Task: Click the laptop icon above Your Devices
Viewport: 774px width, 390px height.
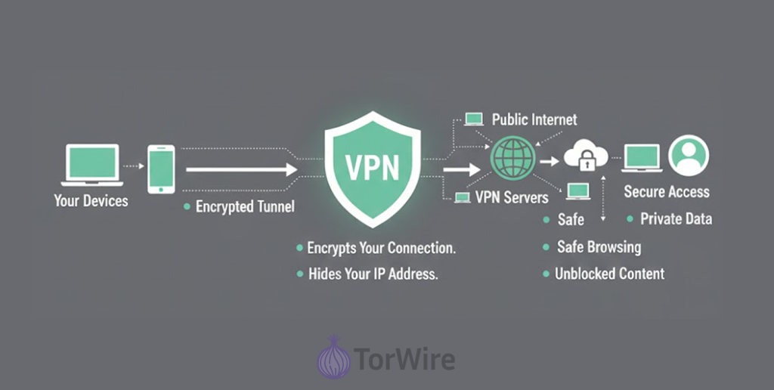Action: (x=91, y=165)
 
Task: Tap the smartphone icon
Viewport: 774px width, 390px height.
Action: (x=161, y=169)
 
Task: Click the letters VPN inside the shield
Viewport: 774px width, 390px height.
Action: (x=373, y=168)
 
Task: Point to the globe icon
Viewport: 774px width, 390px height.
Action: (x=513, y=158)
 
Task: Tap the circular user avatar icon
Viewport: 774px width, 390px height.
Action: (x=689, y=156)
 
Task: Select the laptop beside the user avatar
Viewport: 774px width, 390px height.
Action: (x=642, y=159)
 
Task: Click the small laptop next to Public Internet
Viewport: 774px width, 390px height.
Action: (x=474, y=119)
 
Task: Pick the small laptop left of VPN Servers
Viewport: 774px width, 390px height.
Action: (x=463, y=198)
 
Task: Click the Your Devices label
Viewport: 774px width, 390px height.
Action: (x=91, y=201)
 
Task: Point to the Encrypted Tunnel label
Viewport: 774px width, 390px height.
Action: (x=245, y=206)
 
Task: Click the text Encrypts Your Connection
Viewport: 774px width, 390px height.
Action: (x=381, y=248)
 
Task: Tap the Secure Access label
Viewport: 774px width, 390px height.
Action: (x=667, y=192)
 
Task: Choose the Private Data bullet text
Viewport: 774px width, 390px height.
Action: (x=676, y=219)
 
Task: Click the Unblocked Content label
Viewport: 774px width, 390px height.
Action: (x=609, y=274)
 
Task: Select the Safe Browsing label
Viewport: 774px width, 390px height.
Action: (x=599, y=246)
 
